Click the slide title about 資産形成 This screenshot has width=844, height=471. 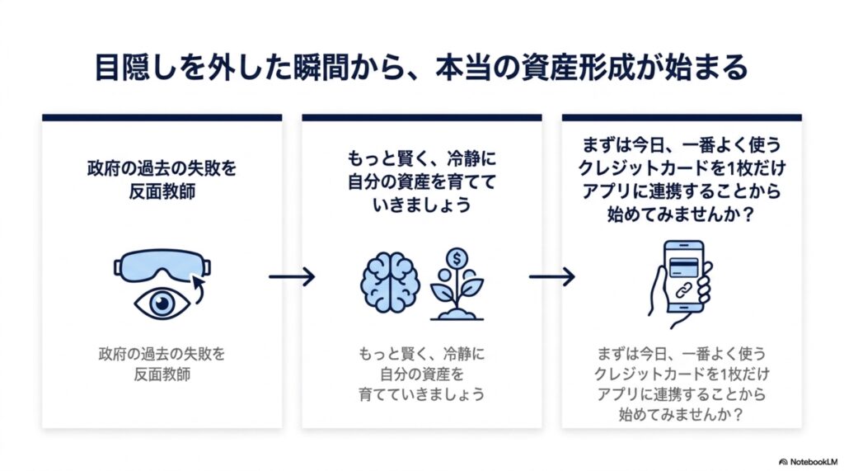pos(421,68)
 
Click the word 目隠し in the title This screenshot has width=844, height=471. pos(141,68)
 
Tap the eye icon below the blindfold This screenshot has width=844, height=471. pos(162,304)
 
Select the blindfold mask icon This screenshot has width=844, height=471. pos(162,266)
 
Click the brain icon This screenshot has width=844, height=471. pos(390,282)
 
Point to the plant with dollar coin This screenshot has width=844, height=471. pos(457,284)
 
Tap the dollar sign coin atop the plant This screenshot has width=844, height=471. pos(457,259)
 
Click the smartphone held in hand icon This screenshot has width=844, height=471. pos(680,284)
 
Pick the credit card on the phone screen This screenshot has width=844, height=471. pos(683,266)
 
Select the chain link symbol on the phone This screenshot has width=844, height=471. pos(683,291)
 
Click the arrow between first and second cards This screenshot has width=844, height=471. pos(292,276)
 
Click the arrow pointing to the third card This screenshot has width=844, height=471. pos(551,276)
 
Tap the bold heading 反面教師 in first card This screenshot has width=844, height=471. pos(162,191)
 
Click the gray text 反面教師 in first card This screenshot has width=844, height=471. pos(162,374)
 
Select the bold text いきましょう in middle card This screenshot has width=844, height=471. pos(421,205)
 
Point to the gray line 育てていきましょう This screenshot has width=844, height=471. pos(421,394)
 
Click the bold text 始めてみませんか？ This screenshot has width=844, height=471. pos(682,214)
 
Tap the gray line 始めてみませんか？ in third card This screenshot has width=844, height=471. pos(682,414)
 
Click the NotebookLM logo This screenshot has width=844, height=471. pos(809,462)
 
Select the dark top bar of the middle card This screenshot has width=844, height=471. pos(422,117)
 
